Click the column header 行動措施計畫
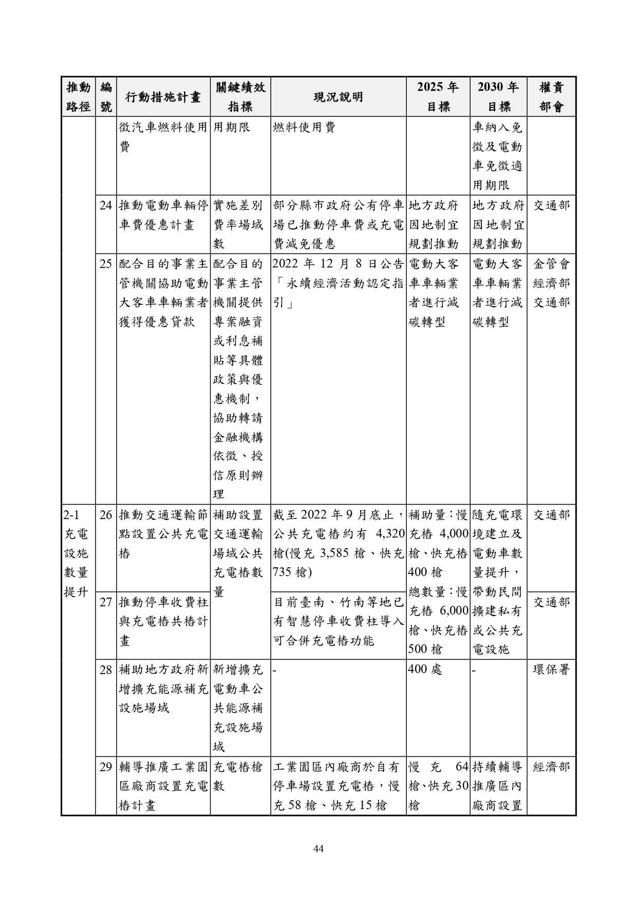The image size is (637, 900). (163, 97)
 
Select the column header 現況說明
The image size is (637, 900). (338, 97)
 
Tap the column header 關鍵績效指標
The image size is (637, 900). (240, 97)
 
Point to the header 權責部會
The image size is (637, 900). (551, 97)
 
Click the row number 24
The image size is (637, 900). (106, 206)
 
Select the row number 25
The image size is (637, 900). (106, 264)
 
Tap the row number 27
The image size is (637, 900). (106, 602)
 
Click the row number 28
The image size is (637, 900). (106, 669)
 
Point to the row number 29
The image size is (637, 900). (106, 768)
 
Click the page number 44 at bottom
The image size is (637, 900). (318, 849)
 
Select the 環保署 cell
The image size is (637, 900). (551, 669)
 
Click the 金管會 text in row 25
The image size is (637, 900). (551, 264)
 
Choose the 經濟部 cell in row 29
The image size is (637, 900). (551, 768)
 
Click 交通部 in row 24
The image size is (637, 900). (551, 206)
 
